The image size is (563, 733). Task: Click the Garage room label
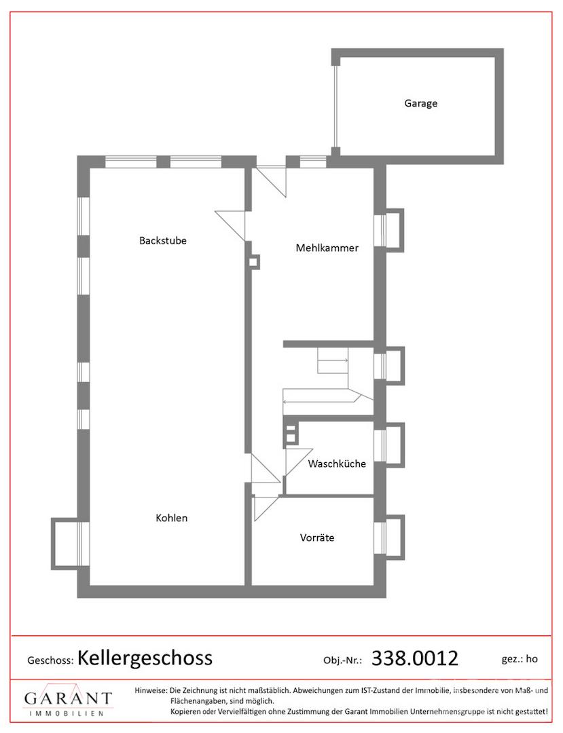(x=421, y=103)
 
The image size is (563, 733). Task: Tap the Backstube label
(x=163, y=240)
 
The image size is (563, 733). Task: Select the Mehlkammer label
(x=327, y=248)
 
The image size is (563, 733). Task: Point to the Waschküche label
(x=337, y=464)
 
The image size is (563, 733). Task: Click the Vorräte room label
(x=317, y=538)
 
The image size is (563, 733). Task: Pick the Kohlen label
(x=172, y=518)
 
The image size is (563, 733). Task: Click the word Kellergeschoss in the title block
(x=145, y=658)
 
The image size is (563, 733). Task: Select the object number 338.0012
(x=415, y=658)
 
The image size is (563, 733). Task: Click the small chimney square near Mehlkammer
(x=253, y=262)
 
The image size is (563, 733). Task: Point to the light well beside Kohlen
(x=65, y=543)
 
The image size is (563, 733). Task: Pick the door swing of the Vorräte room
(x=266, y=508)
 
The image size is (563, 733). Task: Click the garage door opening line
(x=335, y=106)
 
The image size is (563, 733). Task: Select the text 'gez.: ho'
(x=520, y=659)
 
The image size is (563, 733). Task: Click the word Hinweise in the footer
(x=151, y=690)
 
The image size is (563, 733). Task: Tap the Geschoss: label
(x=50, y=660)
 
